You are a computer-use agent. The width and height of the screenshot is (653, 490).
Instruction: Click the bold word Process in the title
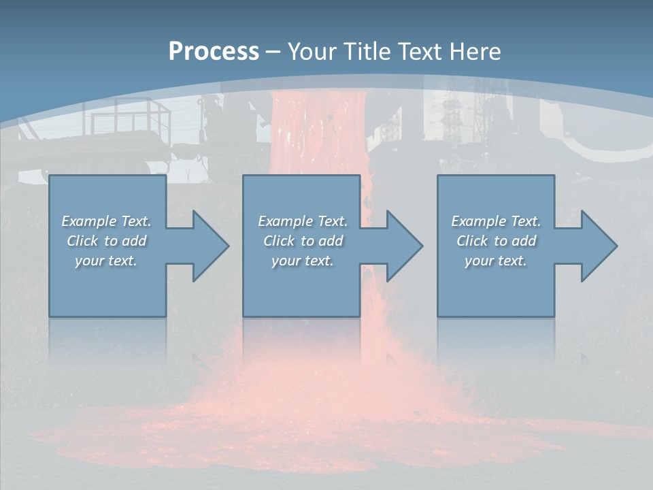pyautogui.click(x=214, y=52)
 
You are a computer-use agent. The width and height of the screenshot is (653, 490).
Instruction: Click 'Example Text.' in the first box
pyautogui.click(x=106, y=221)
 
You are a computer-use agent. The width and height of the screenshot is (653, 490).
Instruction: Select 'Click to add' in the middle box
pyautogui.click(x=303, y=241)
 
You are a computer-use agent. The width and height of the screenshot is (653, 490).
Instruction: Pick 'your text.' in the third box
pyautogui.click(x=496, y=261)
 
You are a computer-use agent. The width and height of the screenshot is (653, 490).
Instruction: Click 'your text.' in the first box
pyautogui.click(x=106, y=261)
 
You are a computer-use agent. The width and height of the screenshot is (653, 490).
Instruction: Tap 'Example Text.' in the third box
pyautogui.click(x=496, y=221)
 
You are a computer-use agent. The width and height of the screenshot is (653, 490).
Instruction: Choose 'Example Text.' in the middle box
pyautogui.click(x=303, y=221)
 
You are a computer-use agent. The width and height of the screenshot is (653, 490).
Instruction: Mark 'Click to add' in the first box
pyautogui.click(x=106, y=241)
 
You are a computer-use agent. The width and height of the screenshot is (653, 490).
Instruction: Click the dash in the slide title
pyautogui.click(x=273, y=52)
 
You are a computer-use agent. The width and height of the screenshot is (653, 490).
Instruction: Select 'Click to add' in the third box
pyautogui.click(x=496, y=241)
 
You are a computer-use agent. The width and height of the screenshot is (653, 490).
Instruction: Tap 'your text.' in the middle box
pyautogui.click(x=303, y=261)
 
